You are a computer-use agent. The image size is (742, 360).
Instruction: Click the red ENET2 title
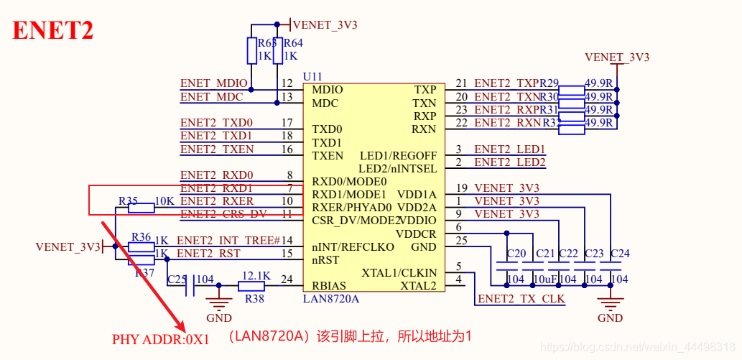coord(53,31)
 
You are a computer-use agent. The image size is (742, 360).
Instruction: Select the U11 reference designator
coord(312,76)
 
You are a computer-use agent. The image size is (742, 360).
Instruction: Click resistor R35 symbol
coord(141,208)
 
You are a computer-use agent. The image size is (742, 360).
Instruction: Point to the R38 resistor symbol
coord(252,286)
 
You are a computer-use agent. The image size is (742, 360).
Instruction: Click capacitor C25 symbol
coord(189,287)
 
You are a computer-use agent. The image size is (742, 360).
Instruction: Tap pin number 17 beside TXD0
coord(287,123)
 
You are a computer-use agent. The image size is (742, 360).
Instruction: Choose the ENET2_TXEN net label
coord(217,149)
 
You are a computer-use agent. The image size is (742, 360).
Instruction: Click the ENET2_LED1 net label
coord(510,149)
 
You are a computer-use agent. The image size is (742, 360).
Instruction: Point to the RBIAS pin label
coord(330,286)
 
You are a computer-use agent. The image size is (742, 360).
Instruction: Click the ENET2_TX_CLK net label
coord(521,298)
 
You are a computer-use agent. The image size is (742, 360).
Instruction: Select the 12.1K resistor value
coord(256,275)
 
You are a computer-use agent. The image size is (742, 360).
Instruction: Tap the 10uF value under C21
coord(543,280)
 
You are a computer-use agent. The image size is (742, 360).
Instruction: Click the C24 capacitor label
coord(619,254)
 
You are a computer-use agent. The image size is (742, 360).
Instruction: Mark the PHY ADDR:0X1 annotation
coord(160,338)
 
